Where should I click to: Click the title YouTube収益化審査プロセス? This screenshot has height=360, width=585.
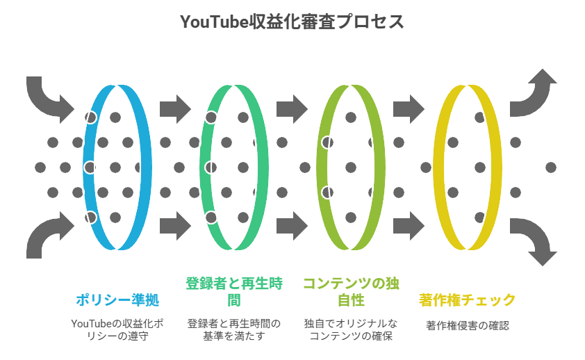292,22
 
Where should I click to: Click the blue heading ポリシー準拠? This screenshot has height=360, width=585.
117,300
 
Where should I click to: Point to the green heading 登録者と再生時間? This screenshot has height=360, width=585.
233,292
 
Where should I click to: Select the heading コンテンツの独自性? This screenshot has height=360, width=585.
350,292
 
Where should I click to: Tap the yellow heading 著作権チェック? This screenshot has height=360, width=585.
467,300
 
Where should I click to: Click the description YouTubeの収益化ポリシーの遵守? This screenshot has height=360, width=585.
117,330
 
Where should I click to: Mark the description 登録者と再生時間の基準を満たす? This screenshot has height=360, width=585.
233,330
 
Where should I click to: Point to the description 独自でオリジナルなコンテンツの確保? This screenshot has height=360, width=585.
350,330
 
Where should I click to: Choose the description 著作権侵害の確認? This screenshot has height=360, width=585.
467,325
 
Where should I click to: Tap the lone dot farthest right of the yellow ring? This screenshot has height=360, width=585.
551,167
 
